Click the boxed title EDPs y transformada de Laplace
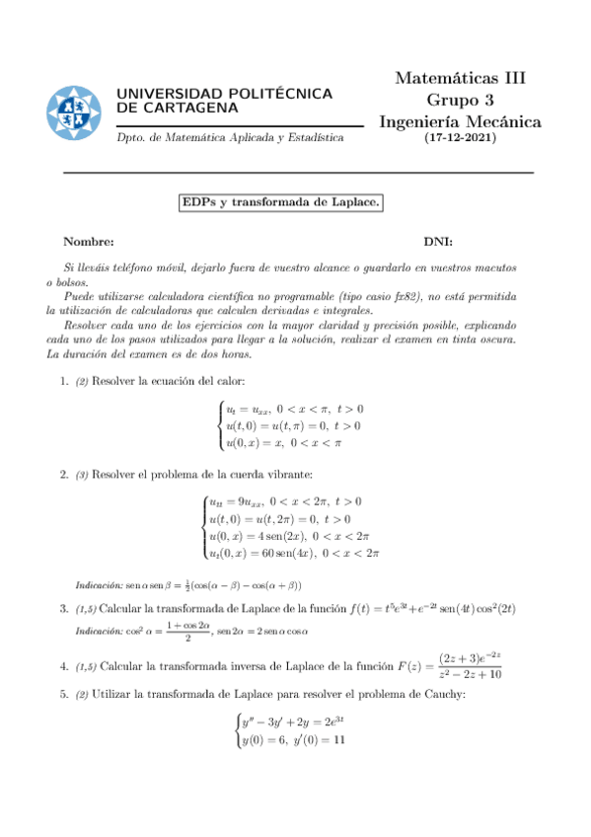pos(280,202)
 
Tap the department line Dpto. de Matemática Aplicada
pos(230,139)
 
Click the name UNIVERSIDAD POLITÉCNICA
pos(224,93)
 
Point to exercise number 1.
pos(64,381)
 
